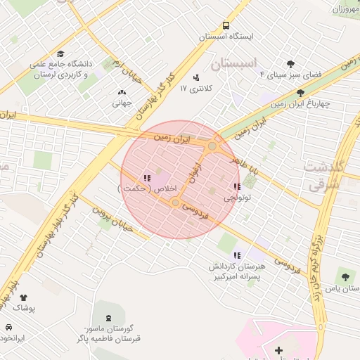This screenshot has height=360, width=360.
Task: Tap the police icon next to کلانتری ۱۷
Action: click(x=195, y=77)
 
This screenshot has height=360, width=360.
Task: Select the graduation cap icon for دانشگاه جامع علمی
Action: click(x=60, y=53)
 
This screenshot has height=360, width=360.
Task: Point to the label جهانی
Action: click(x=122, y=103)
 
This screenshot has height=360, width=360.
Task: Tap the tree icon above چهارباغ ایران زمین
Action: click(x=300, y=92)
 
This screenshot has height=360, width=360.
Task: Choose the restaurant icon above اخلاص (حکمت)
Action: click(x=147, y=178)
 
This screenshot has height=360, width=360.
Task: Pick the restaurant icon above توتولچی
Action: click(x=237, y=186)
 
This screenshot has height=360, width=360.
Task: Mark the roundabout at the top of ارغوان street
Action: click(x=212, y=146)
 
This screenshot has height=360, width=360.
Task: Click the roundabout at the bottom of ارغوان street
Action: click(x=175, y=202)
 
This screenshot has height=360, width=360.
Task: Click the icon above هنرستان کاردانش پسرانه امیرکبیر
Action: click(x=237, y=255)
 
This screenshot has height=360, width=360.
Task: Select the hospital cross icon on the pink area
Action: click(x=279, y=349)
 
